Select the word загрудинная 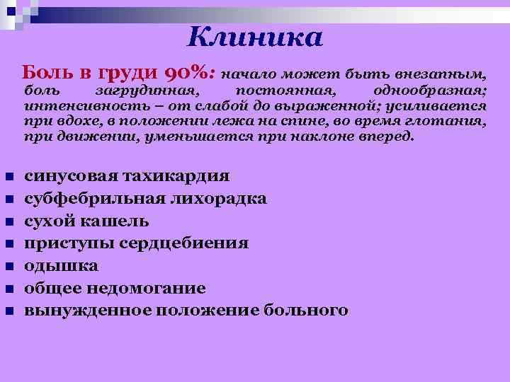click(147, 91)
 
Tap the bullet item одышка click(62, 265)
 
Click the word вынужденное click(88, 310)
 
